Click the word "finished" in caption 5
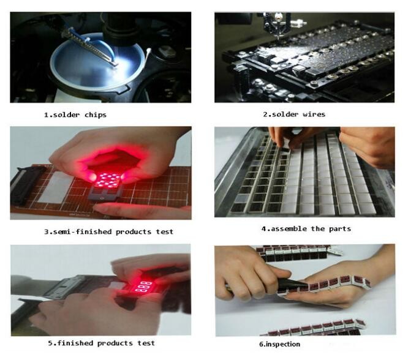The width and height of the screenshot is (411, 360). coord(74,343)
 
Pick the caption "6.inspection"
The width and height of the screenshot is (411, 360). coord(280,344)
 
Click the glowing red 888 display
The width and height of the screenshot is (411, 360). coord(143,286)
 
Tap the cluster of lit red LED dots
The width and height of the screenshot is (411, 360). coord(108,180)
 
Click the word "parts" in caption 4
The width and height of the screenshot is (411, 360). coord(340,229)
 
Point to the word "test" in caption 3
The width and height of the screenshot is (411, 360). coord(165,231)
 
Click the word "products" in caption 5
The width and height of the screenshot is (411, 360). coord(115,343)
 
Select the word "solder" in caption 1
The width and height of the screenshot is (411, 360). coord(67,115)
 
